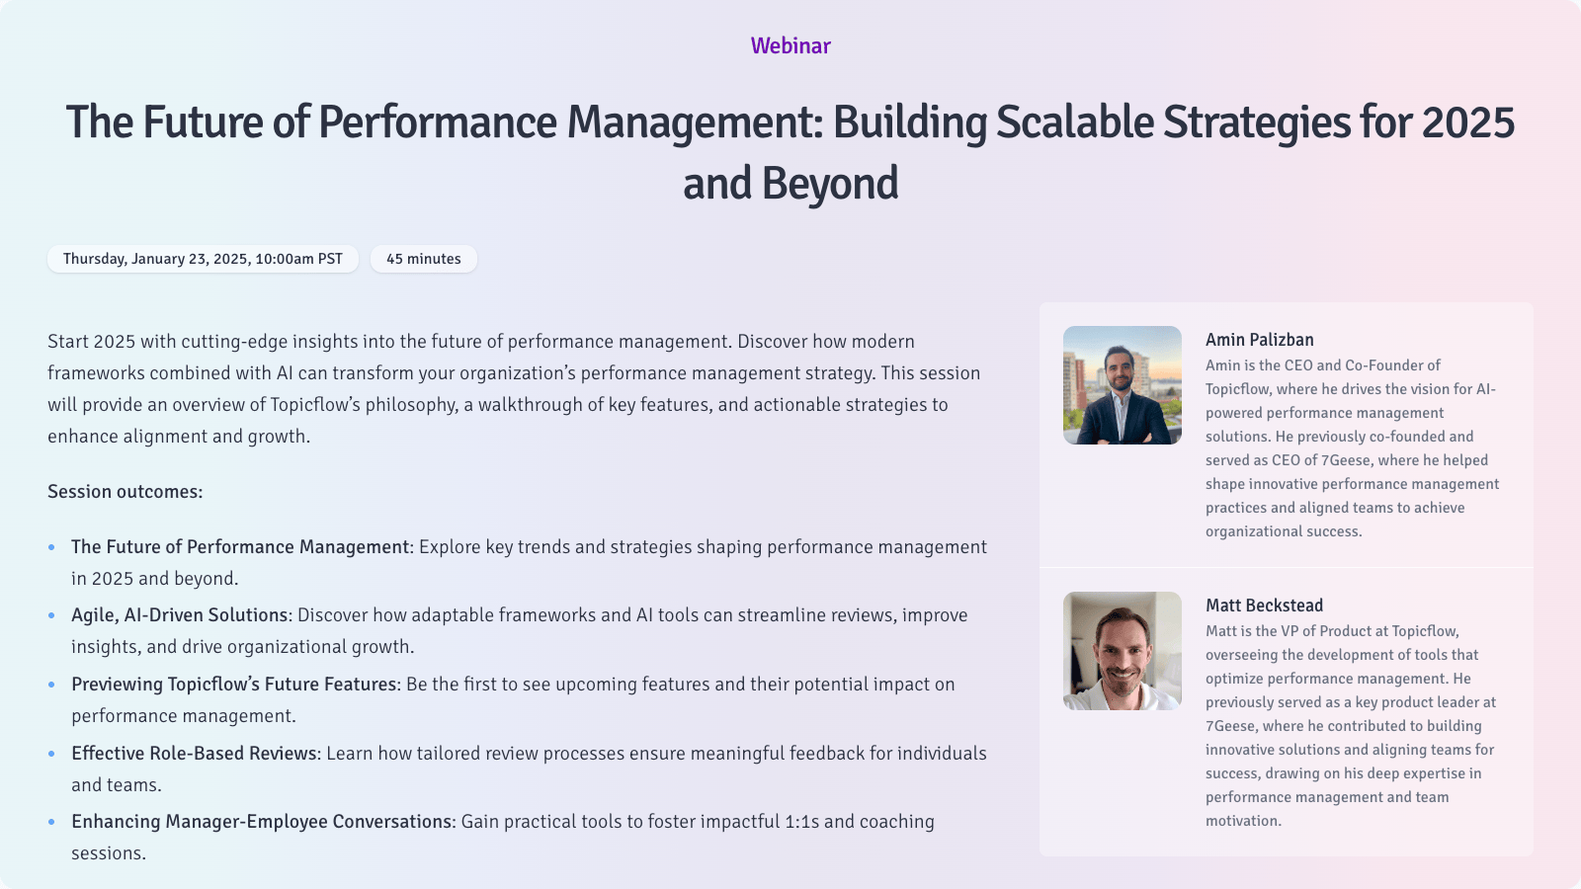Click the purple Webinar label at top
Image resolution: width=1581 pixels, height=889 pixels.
(790, 45)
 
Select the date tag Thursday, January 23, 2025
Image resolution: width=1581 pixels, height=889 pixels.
(203, 259)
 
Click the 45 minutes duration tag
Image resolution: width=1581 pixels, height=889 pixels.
(423, 259)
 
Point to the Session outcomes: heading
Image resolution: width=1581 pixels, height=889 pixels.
(125, 492)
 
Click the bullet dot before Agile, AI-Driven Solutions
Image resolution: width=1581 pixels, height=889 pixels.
(51, 615)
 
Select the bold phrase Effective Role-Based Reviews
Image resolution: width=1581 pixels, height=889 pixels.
(195, 754)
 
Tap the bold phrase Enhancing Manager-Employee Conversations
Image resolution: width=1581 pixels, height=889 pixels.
(262, 822)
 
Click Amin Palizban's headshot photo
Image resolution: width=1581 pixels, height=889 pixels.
(1122, 385)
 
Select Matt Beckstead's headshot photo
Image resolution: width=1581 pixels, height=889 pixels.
(1122, 651)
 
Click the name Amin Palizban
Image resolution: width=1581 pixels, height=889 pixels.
(1259, 340)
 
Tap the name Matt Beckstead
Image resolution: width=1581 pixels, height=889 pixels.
(1264, 606)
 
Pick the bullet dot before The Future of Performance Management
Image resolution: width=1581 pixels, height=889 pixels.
(51, 547)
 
